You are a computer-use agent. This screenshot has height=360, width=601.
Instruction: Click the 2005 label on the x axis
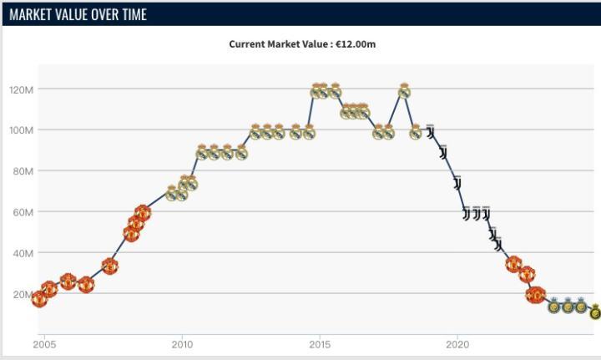(44, 344)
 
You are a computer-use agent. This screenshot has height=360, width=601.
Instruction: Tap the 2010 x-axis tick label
(182, 344)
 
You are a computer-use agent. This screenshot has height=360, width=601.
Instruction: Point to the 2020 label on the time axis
(457, 344)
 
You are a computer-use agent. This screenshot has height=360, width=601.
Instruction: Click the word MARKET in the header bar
(34, 14)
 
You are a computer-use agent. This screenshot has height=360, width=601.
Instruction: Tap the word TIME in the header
(130, 14)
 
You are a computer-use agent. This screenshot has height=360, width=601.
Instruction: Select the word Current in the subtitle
(249, 43)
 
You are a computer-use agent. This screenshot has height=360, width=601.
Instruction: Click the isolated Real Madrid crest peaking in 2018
(404, 90)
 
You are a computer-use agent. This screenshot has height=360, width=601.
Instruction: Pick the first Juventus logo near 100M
(430, 132)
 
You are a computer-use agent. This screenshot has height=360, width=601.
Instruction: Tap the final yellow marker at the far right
(594, 312)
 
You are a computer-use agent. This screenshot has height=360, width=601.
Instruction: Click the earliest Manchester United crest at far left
(39, 298)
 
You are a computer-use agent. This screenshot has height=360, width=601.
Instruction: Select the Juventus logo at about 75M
(457, 183)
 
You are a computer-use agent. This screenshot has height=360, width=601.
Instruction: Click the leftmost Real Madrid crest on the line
(172, 194)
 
